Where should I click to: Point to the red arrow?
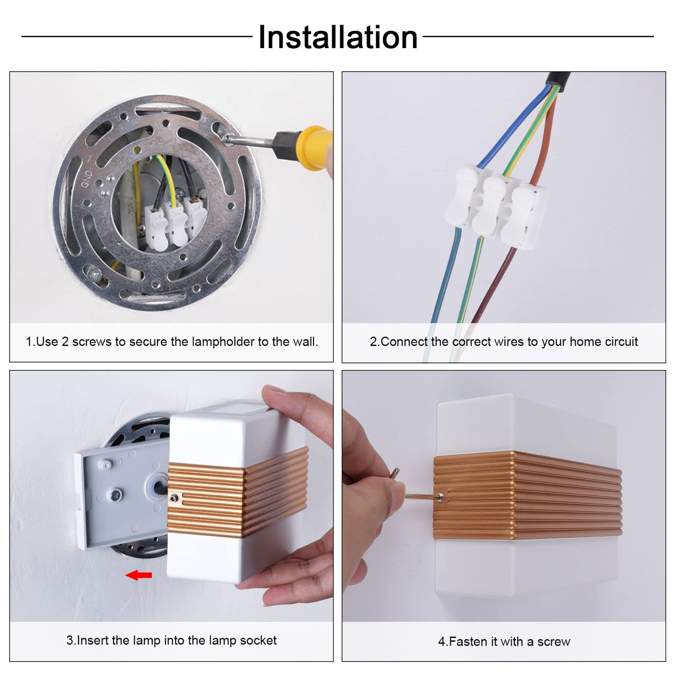139,575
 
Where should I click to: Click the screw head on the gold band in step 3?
173,498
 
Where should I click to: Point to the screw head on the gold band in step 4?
440,496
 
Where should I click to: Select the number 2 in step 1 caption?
65,341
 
